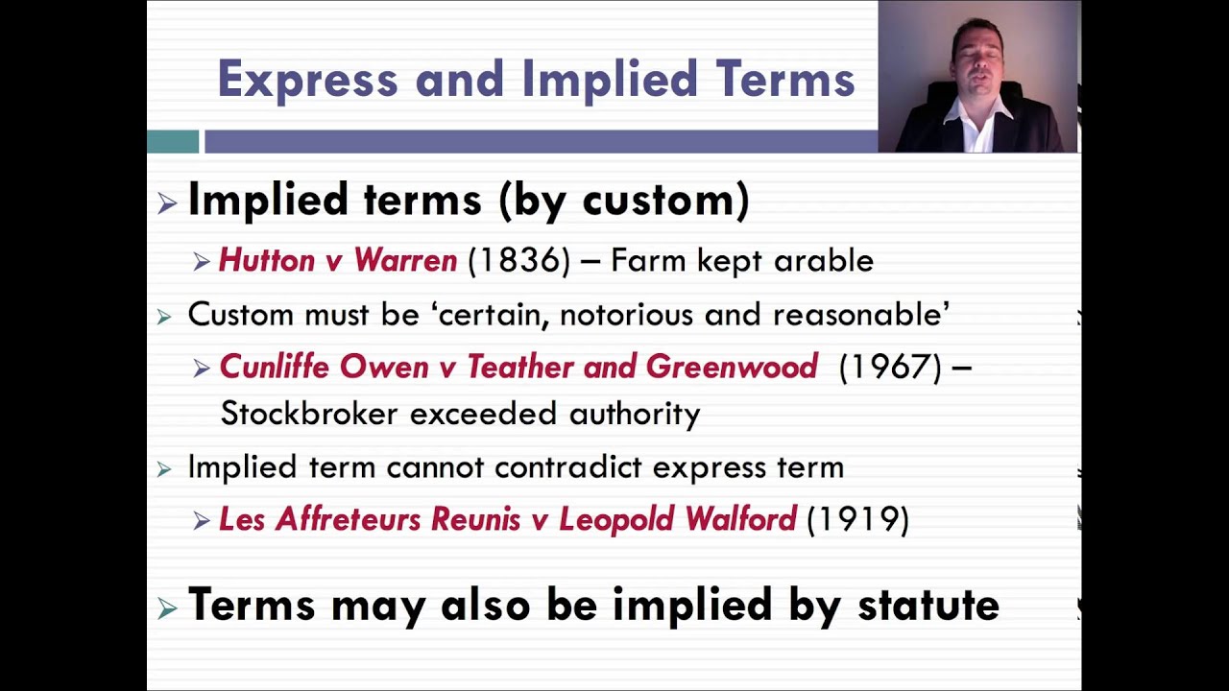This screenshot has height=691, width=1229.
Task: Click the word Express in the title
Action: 307,79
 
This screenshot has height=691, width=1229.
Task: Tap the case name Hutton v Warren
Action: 338,260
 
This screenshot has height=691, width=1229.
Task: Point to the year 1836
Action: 518,260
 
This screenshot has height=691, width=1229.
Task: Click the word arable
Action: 827,260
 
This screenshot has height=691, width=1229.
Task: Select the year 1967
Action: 890,367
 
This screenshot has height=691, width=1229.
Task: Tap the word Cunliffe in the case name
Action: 275,367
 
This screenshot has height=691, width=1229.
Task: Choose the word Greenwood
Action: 732,367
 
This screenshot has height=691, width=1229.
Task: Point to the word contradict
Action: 569,467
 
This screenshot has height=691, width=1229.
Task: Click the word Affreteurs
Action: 349,519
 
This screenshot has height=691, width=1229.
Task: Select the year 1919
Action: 857,519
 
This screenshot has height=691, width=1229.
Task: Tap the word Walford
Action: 740,519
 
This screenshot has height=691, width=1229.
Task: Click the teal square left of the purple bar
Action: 173,142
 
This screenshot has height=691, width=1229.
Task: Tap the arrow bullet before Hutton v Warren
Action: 201,261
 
